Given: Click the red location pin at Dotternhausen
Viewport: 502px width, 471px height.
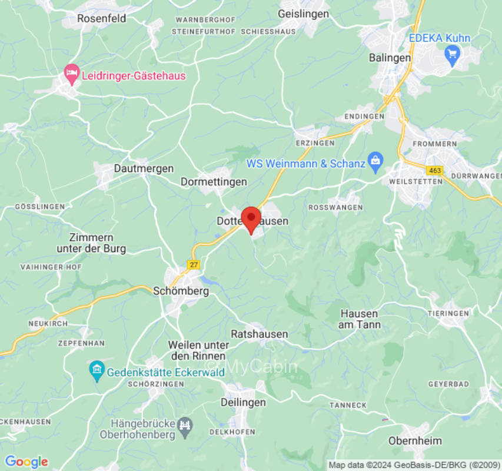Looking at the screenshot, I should click(252, 218).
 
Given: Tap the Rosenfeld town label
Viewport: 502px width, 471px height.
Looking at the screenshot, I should click(102, 18).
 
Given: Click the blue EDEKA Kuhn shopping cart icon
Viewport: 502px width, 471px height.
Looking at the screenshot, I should click(453, 56).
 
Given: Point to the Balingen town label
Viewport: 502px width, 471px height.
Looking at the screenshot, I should click(390, 58).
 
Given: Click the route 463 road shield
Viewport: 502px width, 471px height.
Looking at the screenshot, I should click(435, 170).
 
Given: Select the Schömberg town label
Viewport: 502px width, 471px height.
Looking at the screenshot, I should click(181, 290).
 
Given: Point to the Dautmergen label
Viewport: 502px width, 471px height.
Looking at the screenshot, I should click(144, 168).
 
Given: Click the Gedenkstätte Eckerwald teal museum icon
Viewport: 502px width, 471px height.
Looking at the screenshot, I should click(96, 371).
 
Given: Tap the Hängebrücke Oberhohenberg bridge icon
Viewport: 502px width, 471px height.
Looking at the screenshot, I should click(185, 424).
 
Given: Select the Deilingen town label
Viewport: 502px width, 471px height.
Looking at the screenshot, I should click(243, 402).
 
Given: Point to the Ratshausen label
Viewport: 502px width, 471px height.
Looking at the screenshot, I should click(259, 334).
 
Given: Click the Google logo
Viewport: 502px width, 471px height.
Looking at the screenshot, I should click(26, 462).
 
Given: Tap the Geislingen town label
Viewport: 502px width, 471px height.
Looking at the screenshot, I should click(303, 14).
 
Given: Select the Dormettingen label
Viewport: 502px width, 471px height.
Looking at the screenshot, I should click(214, 181).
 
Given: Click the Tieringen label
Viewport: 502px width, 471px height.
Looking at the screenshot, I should click(448, 313).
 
